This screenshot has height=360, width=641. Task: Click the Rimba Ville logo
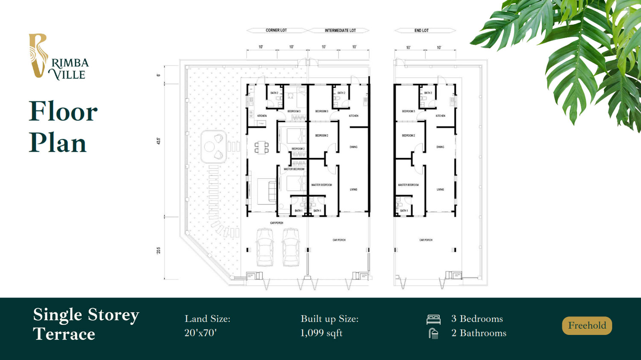coord(59,57)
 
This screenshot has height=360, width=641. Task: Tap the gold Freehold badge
coord(587,326)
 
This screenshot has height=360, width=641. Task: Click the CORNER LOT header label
coord(276,30)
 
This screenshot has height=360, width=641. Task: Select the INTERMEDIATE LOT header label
coord(340,30)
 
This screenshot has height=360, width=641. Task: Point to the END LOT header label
coord(421,30)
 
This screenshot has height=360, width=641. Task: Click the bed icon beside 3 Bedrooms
coord(433,319)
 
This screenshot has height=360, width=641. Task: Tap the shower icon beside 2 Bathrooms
coord(433,333)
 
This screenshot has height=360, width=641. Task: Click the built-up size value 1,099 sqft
coord(321,333)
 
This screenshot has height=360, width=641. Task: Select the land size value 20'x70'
coord(200,333)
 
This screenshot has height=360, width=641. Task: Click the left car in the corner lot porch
coord(265,247)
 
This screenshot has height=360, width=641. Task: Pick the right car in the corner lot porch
coord(291,247)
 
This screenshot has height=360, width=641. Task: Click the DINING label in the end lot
coord(440,147)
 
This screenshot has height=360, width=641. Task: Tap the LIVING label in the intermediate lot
coord(353,189)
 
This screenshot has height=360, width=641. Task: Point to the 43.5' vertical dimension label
coord(159,141)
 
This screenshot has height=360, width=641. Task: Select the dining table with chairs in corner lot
coord(262,148)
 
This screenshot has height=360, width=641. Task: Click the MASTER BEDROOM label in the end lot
coord(408,185)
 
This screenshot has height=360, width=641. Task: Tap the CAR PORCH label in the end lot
coord(426,240)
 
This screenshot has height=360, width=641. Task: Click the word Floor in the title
coord(63,112)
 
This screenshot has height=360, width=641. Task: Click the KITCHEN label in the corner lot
coord(262,116)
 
